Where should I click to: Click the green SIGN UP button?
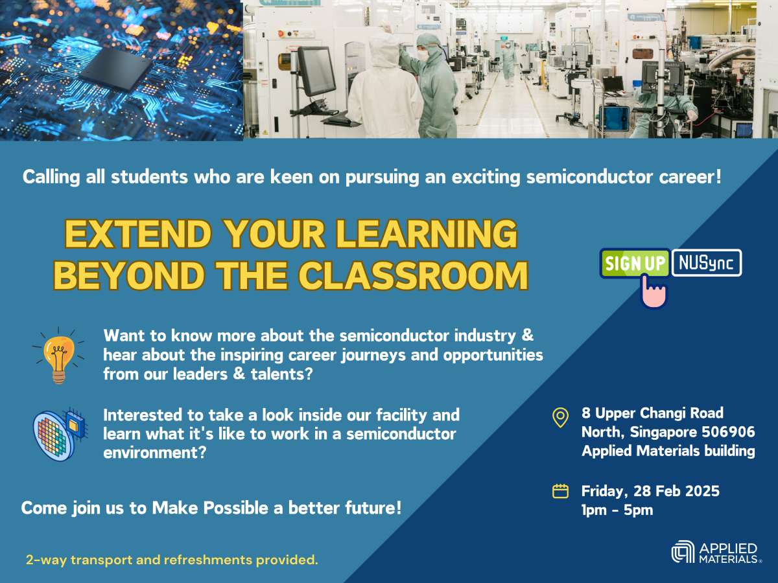(x=635, y=263)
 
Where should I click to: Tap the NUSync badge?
(x=707, y=262)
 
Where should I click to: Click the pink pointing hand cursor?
(x=654, y=291)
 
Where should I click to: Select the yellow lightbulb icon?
(x=58, y=356)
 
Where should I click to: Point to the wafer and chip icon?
(x=60, y=434)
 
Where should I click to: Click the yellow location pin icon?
(x=560, y=418)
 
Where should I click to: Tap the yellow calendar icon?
(x=560, y=491)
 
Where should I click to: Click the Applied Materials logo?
(x=716, y=552)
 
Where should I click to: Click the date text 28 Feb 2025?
(x=676, y=491)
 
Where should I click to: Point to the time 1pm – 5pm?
(x=617, y=510)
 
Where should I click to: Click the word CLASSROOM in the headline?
(x=414, y=276)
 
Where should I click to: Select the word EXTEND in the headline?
(x=138, y=234)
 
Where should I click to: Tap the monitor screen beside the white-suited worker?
(x=316, y=71)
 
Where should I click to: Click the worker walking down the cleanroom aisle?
(x=509, y=63)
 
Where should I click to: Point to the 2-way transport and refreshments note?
(x=172, y=560)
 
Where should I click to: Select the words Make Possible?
(x=210, y=508)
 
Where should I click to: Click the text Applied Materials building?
(x=668, y=451)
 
